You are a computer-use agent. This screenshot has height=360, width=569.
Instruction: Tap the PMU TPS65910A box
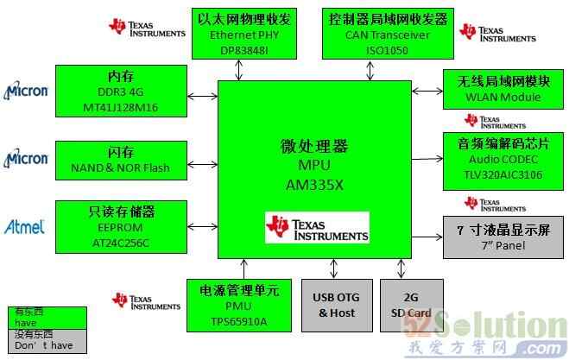coord(239,305)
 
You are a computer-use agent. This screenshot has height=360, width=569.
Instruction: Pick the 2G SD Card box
coord(411,305)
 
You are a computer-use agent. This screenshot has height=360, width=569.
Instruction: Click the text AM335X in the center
coord(314,183)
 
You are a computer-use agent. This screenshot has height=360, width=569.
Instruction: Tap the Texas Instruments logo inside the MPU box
coord(317,227)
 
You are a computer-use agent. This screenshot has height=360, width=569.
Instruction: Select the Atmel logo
coord(24,227)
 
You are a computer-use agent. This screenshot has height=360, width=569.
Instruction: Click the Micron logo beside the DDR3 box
coord(26,91)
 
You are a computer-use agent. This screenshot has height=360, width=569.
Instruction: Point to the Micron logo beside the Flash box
coord(26,159)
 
